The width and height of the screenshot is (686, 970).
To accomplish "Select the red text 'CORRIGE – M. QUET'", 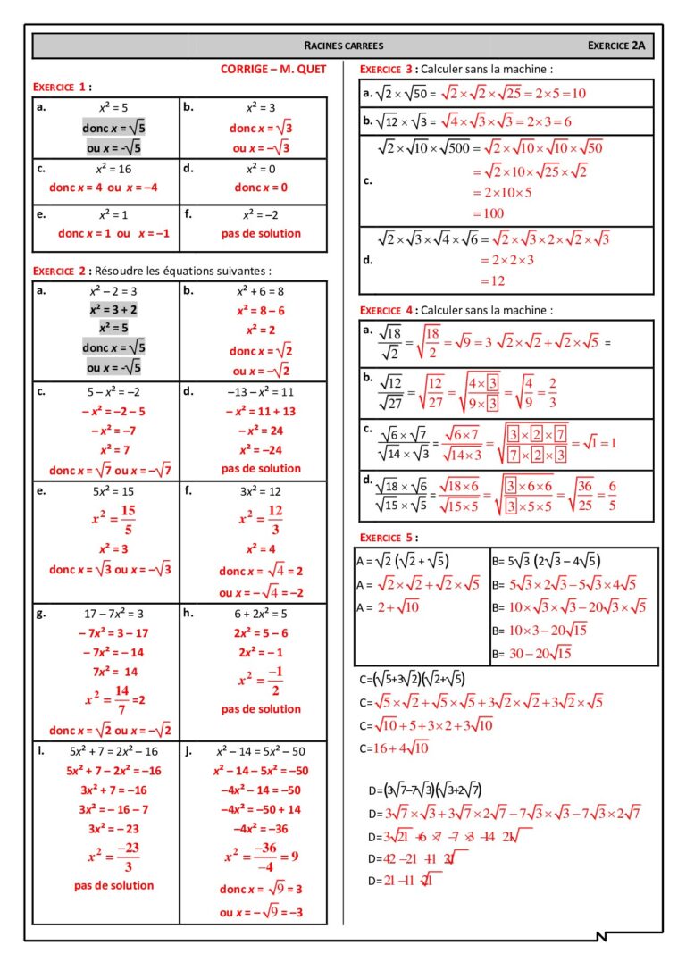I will (273, 69).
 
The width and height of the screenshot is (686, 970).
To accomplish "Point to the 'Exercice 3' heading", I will (387, 69).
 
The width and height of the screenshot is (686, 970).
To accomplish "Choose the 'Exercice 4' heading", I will (387, 310).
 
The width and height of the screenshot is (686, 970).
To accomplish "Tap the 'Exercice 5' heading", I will (387, 537).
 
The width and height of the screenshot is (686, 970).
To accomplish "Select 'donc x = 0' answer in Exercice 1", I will (261, 188).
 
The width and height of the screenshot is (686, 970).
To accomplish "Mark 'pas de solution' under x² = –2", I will (261, 233).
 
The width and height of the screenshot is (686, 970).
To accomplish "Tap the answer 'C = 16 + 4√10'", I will (394, 748).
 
